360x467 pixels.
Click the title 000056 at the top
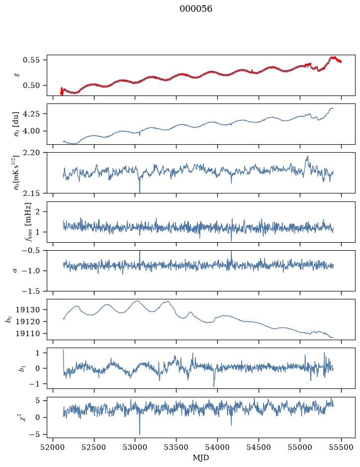[195, 9]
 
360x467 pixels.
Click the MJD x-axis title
[201, 458]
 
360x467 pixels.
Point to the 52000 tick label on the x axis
[53, 447]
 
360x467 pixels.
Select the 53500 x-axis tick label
[177, 447]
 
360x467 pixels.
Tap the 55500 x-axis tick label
[341, 447]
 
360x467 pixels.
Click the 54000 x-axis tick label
[217, 447]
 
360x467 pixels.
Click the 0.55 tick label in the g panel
[31, 60]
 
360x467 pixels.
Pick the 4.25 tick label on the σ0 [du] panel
[31, 114]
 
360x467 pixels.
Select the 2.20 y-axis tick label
[31, 153]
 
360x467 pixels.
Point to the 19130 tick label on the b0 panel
[27, 310]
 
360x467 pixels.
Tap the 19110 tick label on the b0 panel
[27, 334]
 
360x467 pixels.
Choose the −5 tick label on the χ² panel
[34, 435]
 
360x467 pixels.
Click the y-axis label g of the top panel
[16, 75]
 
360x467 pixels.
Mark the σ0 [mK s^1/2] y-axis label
[16, 173]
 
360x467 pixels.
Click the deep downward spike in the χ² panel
[140, 434]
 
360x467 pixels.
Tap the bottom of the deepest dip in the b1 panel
[214, 386]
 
